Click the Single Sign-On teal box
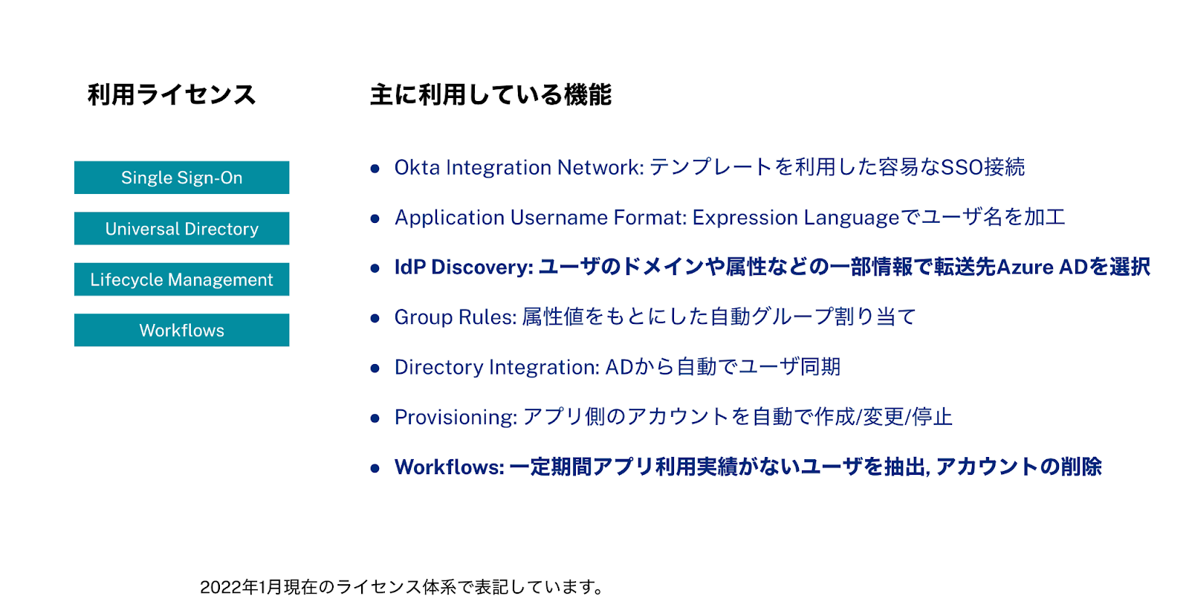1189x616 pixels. (181, 178)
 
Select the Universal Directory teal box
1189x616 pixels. (181, 228)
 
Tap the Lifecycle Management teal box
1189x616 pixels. (181, 279)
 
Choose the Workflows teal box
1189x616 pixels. (181, 330)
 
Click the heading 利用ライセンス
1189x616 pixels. (172, 95)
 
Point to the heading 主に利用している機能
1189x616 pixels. (490, 95)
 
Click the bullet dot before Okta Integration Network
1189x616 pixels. (375, 169)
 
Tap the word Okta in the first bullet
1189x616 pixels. (417, 167)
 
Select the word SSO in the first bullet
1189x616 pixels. (962, 167)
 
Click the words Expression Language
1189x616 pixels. (796, 218)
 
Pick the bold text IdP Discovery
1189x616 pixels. (462, 267)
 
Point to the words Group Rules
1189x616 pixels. (453, 317)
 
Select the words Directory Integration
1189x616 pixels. (495, 367)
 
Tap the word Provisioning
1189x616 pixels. (454, 417)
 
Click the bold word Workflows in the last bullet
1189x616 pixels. (448, 467)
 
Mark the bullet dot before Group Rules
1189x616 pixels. (375, 318)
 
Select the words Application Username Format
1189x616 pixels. (540, 218)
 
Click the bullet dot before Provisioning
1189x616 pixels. (375, 418)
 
